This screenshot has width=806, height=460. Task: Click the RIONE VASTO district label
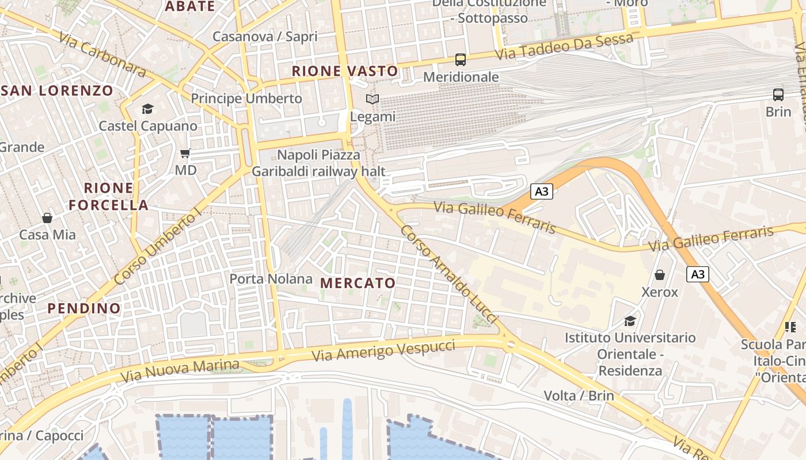click(345, 71)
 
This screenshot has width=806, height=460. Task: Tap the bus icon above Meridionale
click(461, 59)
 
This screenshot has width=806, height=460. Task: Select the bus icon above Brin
click(778, 95)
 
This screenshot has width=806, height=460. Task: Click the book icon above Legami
click(372, 99)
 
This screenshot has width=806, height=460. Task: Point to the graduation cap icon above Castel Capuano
click(148, 109)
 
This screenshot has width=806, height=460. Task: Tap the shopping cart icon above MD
click(185, 153)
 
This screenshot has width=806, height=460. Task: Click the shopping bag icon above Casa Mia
click(47, 218)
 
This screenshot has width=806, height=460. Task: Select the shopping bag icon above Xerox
click(660, 275)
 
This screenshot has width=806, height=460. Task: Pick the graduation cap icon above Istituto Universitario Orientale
click(630, 320)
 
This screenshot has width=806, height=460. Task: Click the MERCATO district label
click(358, 283)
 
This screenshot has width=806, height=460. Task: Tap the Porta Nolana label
click(271, 279)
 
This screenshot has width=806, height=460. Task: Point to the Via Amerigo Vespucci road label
click(383, 350)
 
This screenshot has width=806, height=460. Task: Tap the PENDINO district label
click(84, 308)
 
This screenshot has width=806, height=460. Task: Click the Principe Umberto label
click(246, 98)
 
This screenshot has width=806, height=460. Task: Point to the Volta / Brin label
click(579, 396)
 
